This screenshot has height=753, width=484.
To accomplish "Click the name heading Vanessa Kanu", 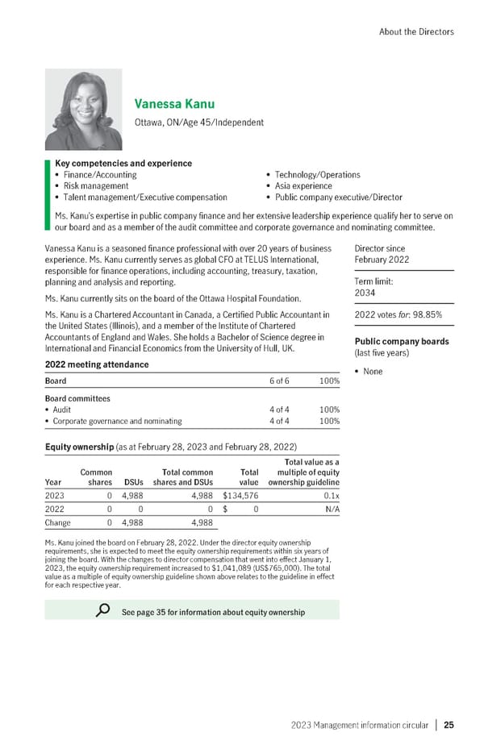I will point(174,104).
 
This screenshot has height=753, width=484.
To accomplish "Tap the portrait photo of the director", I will point(83,107).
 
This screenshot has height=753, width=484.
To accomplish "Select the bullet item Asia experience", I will point(304,185).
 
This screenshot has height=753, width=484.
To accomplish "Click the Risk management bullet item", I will point(91,185).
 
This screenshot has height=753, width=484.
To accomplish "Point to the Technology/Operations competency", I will point(317,174).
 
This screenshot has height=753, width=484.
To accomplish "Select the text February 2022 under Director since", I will point(382,260).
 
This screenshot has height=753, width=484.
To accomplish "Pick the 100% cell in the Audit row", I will point(329,410).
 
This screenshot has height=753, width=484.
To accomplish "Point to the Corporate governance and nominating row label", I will point(117,421).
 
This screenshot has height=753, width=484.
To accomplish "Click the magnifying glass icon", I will point(102,610).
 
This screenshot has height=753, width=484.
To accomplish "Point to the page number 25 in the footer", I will point(449,725).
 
